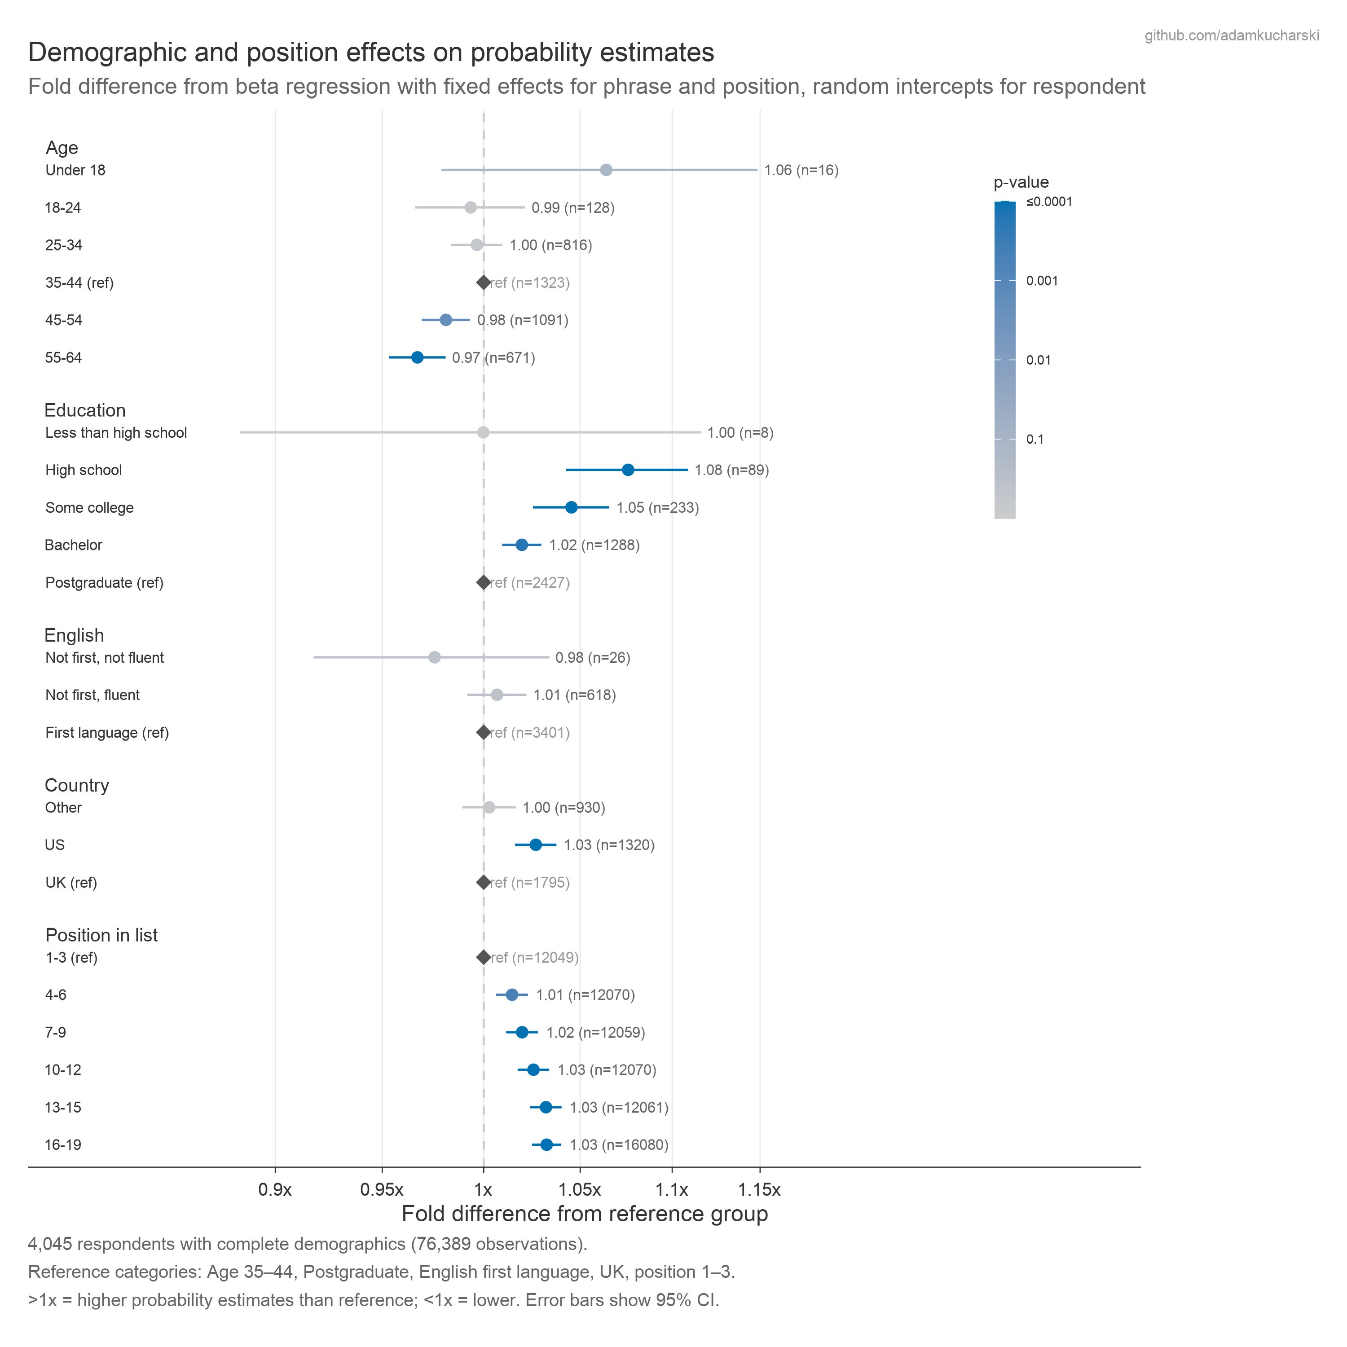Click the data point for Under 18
click(x=606, y=170)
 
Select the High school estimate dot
click(x=628, y=470)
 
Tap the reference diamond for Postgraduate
click(x=483, y=582)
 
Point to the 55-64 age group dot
click(x=417, y=358)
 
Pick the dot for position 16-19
click(x=546, y=1145)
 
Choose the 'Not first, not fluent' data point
click(x=434, y=657)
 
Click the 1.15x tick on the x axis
click(x=759, y=1189)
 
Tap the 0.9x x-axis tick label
click(x=275, y=1189)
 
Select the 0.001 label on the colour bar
click(x=1042, y=281)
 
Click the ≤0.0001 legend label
click(x=1049, y=202)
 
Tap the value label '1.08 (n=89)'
click(x=731, y=470)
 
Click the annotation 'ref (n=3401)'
click(x=530, y=733)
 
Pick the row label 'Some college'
click(x=89, y=507)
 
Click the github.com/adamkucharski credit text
click(x=1231, y=35)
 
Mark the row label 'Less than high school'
click(x=116, y=433)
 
